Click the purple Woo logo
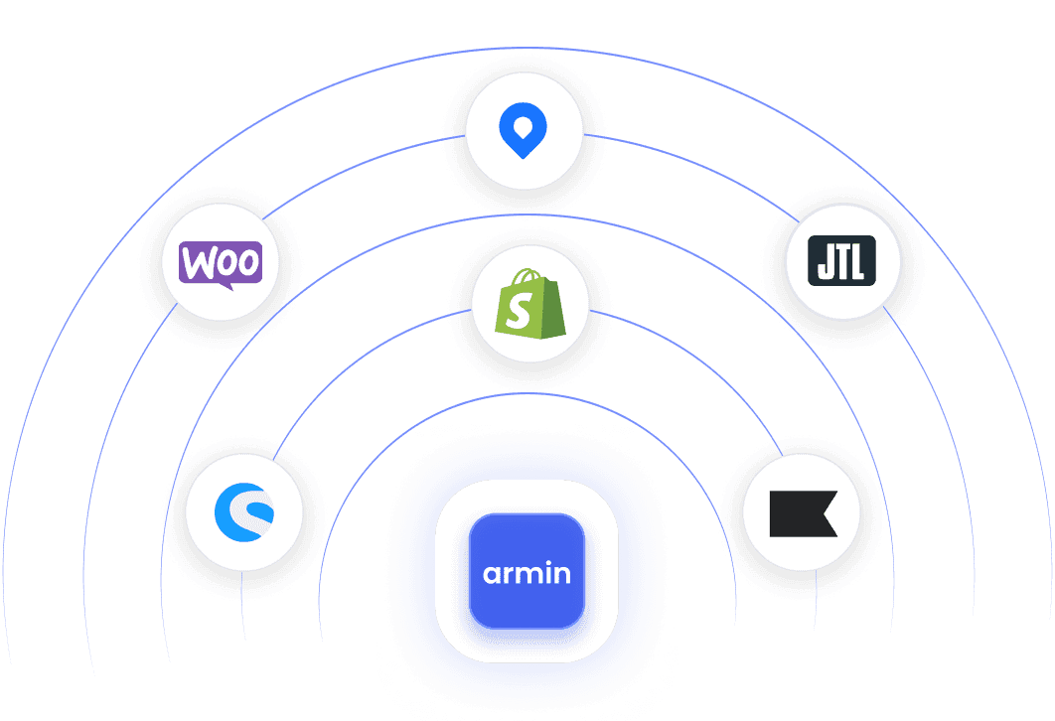[221, 262]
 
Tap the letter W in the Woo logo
[197, 262]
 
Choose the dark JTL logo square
[842, 263]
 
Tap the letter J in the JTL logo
[826, 263]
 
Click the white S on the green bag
[518, 312]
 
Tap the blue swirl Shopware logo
[244, 512]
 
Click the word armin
[527, 573]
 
